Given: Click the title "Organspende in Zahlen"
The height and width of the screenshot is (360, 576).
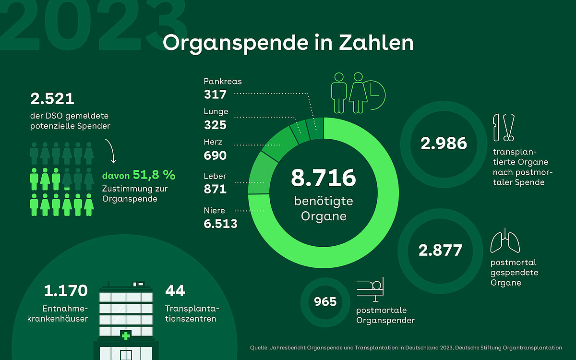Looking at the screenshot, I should [288, 42].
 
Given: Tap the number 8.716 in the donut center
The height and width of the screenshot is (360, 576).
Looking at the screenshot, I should [323, 178].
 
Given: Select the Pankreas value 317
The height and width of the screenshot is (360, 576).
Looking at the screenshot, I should [215, 94].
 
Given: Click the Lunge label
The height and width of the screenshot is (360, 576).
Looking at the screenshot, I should [216, 112].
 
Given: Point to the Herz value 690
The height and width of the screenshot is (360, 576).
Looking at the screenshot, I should [215, 156].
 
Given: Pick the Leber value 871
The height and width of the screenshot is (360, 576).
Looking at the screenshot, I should [215, 189].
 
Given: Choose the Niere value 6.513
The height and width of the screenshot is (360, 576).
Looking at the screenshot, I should [220, 223].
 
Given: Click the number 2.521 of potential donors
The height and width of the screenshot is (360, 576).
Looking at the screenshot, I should [52, 99].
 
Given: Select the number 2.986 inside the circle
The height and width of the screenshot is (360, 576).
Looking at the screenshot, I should [444, 143].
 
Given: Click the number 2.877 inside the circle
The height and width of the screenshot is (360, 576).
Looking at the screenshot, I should [440, 250].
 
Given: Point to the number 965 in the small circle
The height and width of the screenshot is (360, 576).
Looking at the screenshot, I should [325, 302].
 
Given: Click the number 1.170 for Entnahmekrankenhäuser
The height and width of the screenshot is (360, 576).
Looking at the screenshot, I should [66, 291].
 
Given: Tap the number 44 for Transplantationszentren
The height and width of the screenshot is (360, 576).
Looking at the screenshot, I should [175, 291].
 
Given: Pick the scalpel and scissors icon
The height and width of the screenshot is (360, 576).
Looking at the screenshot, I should [504, 127].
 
